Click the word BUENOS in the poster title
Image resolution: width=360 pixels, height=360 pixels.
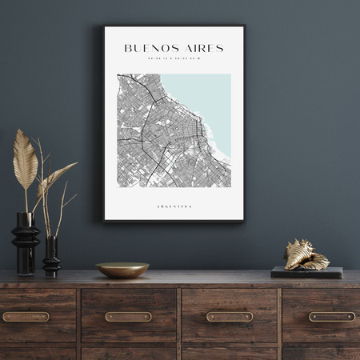(150, 48)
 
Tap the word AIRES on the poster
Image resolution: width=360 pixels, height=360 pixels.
(201, 48)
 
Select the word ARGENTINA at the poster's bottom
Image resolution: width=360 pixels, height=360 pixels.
(174, 206)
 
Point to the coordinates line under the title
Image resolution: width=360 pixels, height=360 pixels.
(174, 58)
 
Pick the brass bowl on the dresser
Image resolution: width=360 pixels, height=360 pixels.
(122, 270)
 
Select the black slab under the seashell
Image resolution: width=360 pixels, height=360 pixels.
(306, 273)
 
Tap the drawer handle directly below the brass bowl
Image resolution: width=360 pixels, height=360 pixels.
(128, 317)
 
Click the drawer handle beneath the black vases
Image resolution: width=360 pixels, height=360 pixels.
(26, 317)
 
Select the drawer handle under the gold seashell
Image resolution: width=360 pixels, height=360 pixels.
(331, 317)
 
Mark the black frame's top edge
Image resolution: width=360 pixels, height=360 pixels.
(174, 26)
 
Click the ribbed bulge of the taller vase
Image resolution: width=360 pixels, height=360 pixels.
(26, 236)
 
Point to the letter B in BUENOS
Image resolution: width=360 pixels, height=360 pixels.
(128, 48)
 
